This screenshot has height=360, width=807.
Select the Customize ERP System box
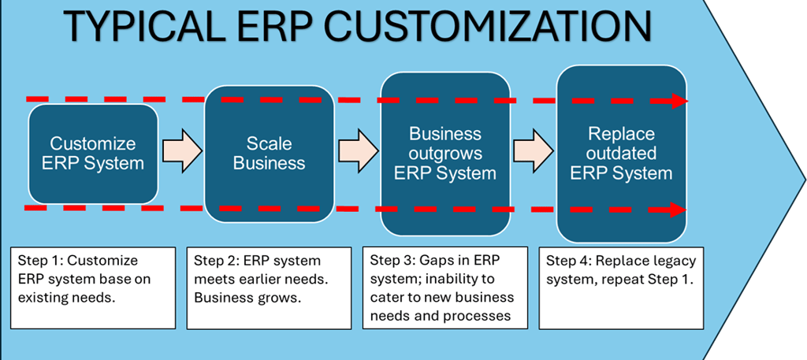coord(93,154)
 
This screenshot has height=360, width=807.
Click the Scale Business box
coord(270,154)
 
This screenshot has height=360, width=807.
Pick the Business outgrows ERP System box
coord(445,154)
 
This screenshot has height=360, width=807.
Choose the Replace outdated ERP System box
coord(621,154)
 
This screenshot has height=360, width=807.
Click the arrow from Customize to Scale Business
coord(182,150)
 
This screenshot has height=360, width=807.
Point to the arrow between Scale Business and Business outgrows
coord(359,150)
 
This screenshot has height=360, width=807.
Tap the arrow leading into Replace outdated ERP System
coord(534,150)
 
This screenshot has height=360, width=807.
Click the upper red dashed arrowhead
coord(679,102)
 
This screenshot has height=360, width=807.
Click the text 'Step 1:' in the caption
coord(36,260)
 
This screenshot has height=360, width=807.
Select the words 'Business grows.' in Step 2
coord(247,298)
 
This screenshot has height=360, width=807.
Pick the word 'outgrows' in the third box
coord(445,154)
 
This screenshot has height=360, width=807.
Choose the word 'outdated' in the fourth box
coord(621,154)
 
